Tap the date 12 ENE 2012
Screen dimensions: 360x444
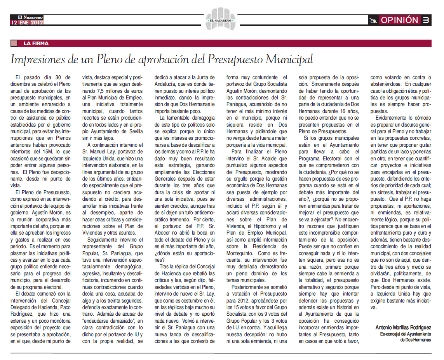pos(27,23)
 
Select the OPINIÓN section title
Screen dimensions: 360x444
pos(399,20)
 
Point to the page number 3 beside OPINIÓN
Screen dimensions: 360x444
pos(426,20)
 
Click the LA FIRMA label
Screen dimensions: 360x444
pos(36,43)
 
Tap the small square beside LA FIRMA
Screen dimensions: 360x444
pos(14,43)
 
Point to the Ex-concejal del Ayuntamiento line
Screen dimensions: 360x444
pos(406,334)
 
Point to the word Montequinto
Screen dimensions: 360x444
pos(244,252)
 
